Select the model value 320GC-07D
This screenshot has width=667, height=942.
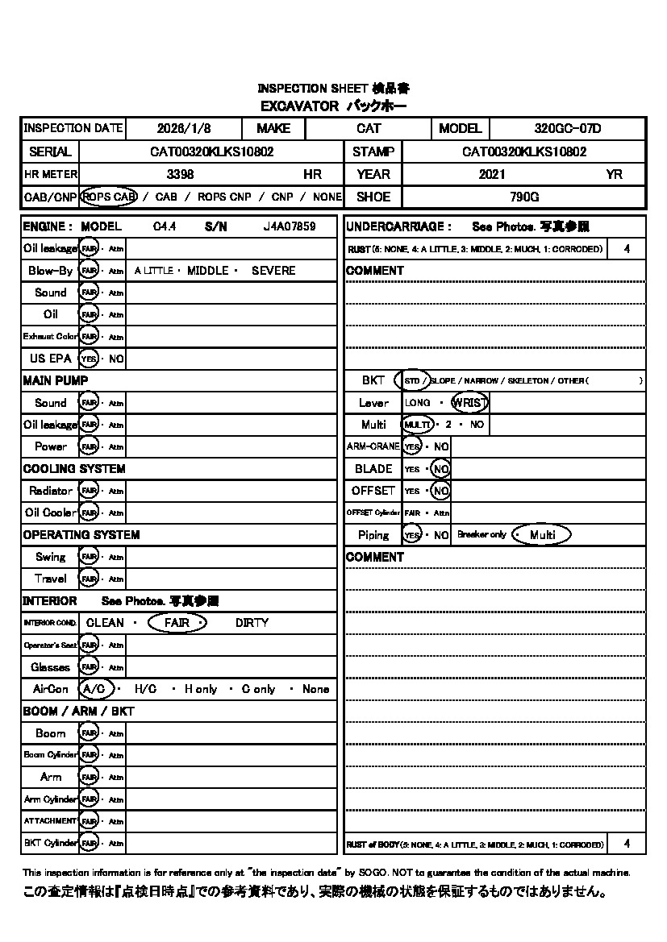tap(568, 128)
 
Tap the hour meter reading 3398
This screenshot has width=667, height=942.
tap(180, 174)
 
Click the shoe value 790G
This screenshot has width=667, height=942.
tap(524, 197)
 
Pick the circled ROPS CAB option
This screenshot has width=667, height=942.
tap(109, 197)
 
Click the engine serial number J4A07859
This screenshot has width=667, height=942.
tap(290, 227)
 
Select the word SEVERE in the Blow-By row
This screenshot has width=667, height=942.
tap(273, 271)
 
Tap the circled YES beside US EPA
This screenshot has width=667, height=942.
tap(89, 359)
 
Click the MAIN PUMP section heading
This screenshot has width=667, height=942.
tap(56, 380)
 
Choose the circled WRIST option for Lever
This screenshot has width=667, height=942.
tap(469, 402)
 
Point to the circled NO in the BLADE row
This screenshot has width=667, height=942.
tap(440, 469)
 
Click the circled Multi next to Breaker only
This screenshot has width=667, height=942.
tap(542, 535)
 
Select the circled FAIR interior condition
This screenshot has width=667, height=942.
tap(178, 623)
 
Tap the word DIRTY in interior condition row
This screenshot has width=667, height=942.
tap(252, 623)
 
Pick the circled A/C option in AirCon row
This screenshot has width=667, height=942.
tap(94, 689)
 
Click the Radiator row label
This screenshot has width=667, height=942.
tap(50, 491)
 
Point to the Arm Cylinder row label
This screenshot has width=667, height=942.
tap(50, 799)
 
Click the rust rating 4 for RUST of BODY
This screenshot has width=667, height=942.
tap(627, 844)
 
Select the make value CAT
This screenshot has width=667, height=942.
tap(369, 128)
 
